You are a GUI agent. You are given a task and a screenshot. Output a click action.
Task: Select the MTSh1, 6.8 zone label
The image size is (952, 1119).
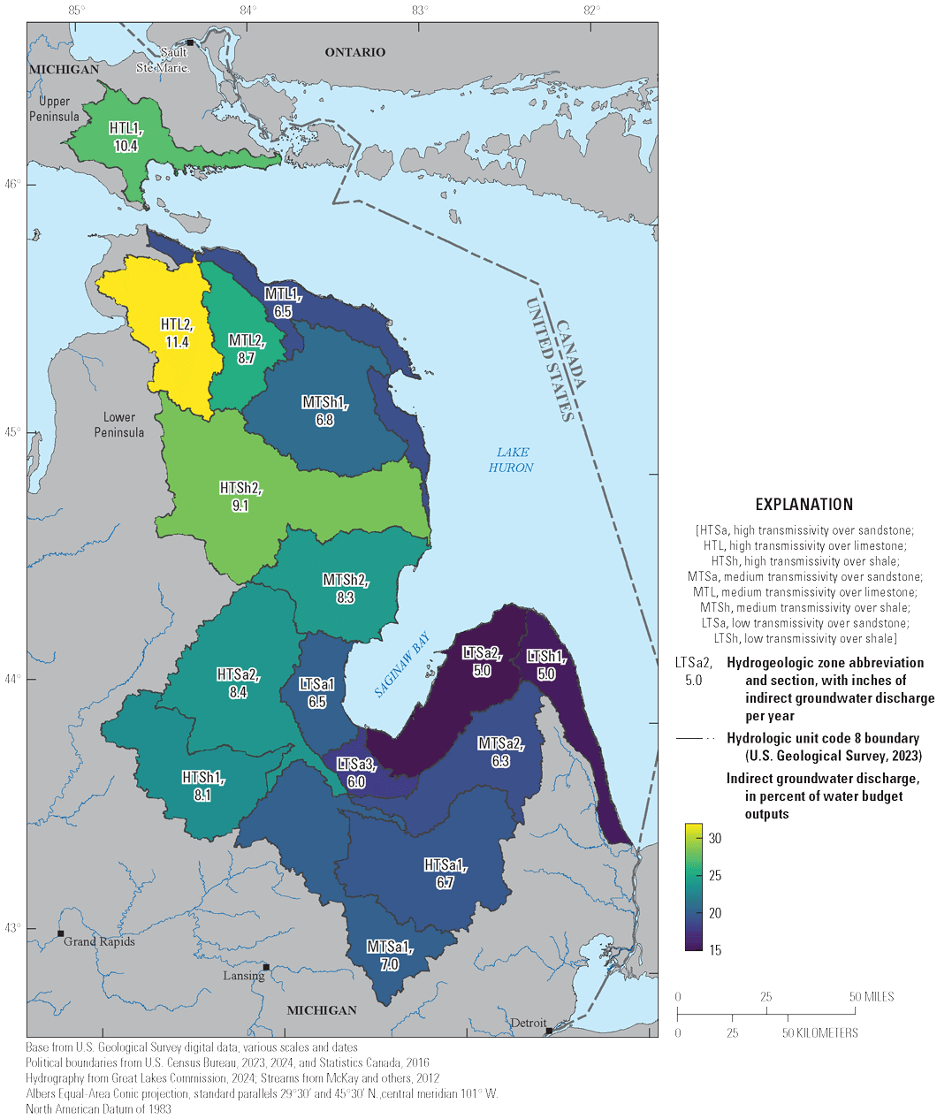[x=324, y=412]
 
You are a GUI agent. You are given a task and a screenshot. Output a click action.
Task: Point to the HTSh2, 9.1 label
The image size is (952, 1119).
[x=240, y=497]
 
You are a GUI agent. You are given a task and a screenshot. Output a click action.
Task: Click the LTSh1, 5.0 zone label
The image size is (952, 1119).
[x=546, y=665]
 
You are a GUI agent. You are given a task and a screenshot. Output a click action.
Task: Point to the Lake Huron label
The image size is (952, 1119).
[x=511, y=460]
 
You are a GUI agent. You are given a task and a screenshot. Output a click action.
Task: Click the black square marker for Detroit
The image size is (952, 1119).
[x=549, y=1031]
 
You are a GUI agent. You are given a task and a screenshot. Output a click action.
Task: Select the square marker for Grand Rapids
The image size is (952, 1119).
[x=61, y=933]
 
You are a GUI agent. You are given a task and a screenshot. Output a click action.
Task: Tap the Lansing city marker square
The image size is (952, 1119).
[x=266, y=967]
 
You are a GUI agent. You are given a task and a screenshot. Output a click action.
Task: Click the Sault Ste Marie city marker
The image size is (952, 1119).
[x=189, y=42]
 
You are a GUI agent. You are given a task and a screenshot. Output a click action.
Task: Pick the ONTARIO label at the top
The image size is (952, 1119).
[x=354, y=52]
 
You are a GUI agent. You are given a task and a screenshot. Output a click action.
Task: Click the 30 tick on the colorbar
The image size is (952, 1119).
[x=714, y=839]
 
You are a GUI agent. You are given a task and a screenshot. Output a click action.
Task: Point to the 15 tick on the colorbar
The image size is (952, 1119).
[x=714, y=950]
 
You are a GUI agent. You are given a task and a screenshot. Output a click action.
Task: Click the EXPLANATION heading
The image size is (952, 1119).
[x=803, y=505]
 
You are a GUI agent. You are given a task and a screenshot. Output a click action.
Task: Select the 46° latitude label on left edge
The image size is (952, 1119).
[x=17, y=185]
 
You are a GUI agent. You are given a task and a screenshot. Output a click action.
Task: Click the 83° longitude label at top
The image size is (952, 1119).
[x=420, y=11]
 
